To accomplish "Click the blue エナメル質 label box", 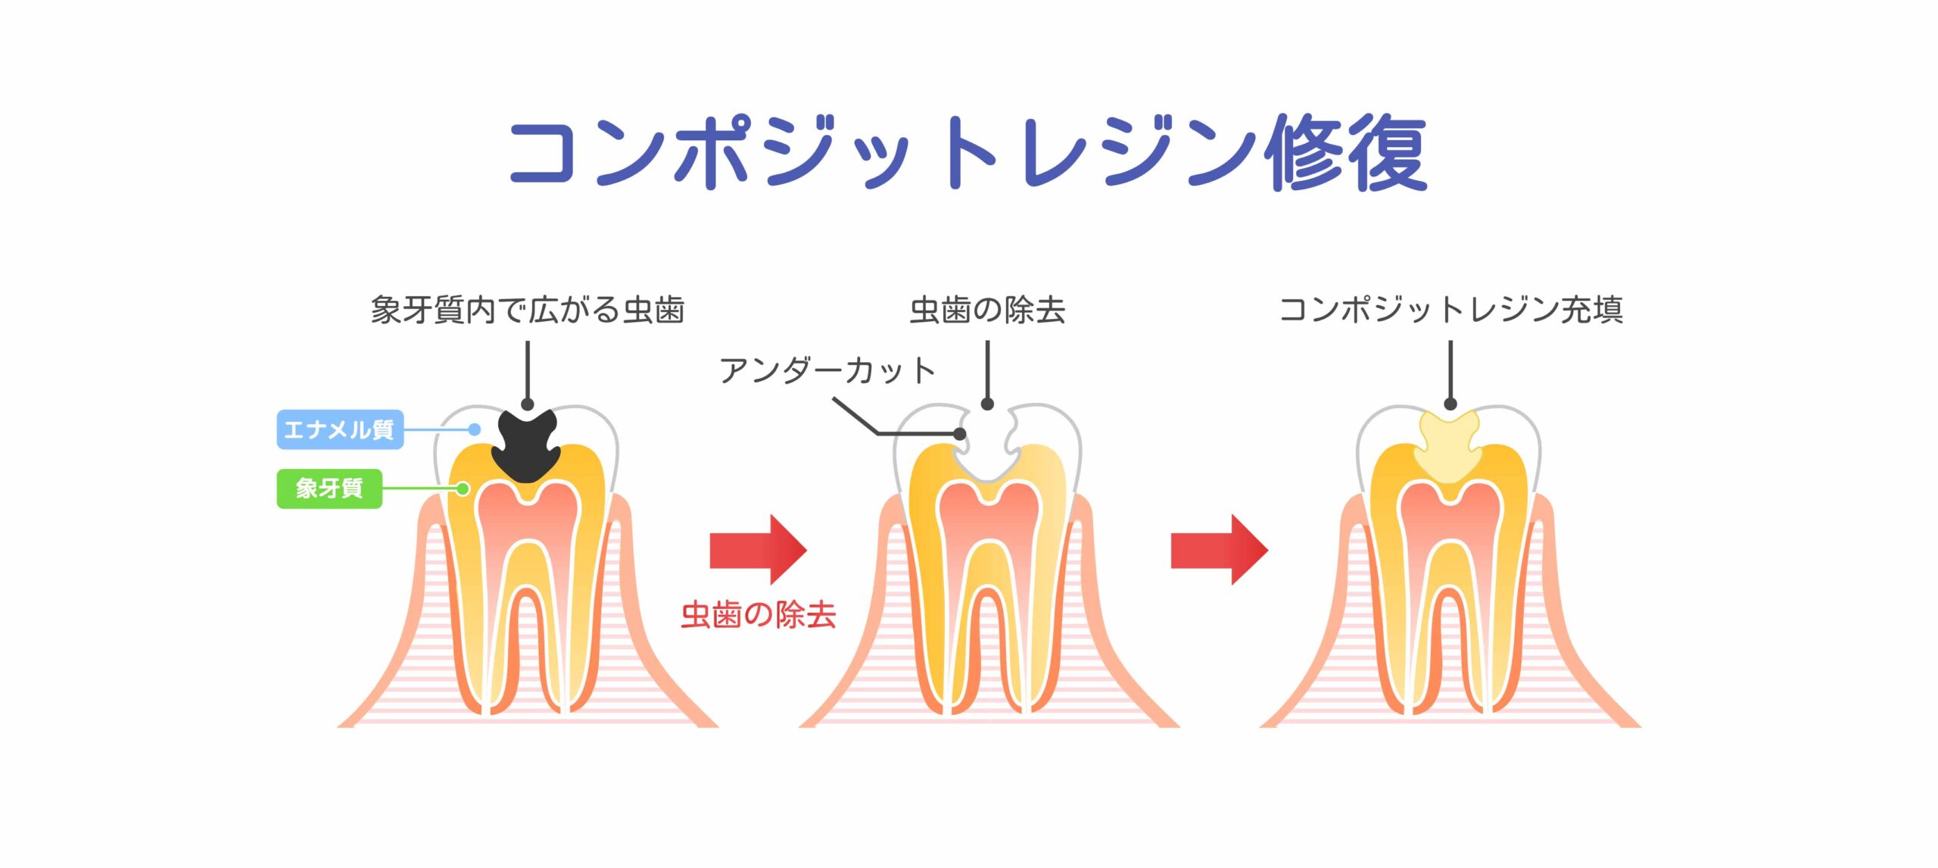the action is point(340,429).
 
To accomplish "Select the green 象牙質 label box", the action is point(329,489).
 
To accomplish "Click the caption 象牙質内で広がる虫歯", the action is point(528,310).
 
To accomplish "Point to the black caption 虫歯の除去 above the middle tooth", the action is point(987,310).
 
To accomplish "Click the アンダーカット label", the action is point(827,370).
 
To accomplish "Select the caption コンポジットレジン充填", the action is point(1450,310).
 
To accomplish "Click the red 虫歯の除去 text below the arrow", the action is point(759,614).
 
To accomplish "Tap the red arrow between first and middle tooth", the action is point(759,549).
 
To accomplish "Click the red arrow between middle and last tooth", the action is point(1220,549).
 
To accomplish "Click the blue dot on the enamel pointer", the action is point(475,429).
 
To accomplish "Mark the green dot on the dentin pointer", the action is point(463,489).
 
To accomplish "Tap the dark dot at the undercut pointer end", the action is point(960,434).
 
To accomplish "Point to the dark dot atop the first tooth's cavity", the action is point(528,404).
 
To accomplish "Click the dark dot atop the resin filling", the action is point(1450,404).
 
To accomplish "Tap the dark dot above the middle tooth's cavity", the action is point(987,404).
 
